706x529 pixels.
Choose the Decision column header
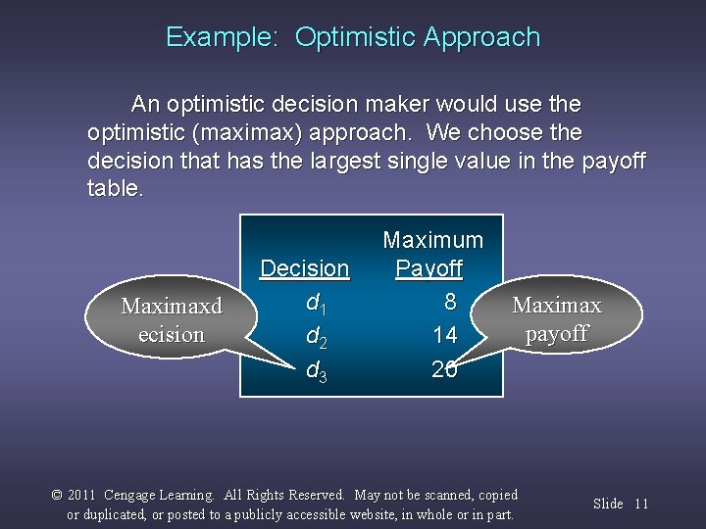pos(304,268)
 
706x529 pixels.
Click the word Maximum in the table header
pos(432,240)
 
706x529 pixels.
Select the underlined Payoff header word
pos(429,268)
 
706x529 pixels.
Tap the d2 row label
pos(316,337)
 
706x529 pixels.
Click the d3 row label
pos(316,371)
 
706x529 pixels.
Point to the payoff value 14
pos(444,335)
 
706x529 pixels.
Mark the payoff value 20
pos(444,368)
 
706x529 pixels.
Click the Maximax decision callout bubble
pos(171,319)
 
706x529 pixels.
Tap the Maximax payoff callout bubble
pos(556,318)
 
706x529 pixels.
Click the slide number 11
pos(641,504)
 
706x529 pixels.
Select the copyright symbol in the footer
pos(57,495)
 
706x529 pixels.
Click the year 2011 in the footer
pos(82,495)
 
